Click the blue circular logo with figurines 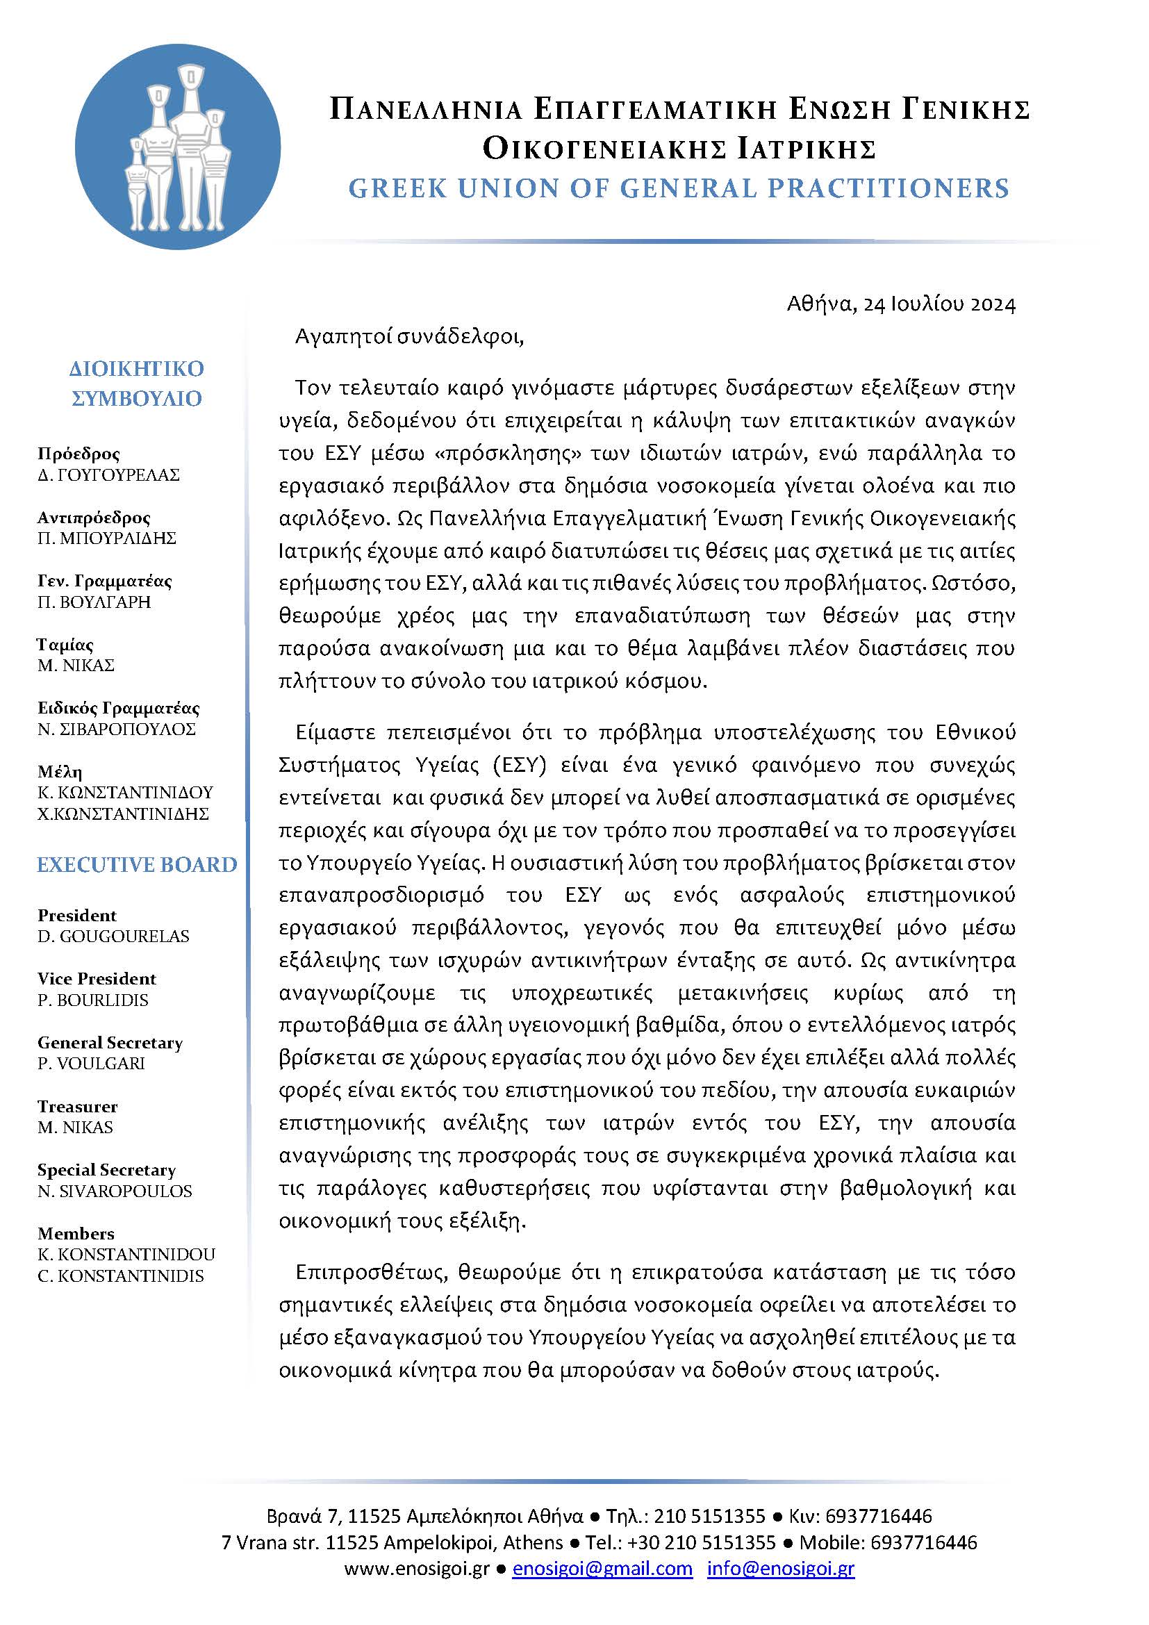point(178,147)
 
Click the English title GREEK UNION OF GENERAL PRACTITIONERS point(679,188)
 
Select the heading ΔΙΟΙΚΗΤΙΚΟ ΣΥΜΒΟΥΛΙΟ point(137,383)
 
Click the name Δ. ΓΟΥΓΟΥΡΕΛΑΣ point(108,475)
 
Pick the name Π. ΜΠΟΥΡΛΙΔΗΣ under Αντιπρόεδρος point(107,538)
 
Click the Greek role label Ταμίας point(65,645)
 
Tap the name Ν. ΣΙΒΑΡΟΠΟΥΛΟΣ point(117,729)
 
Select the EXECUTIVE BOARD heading point(138,865)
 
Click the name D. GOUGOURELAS point(113,937)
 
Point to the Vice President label point(97,979)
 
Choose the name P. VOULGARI point(91,1064)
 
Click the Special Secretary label point(106,1170)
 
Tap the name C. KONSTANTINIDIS point(120,1276)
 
